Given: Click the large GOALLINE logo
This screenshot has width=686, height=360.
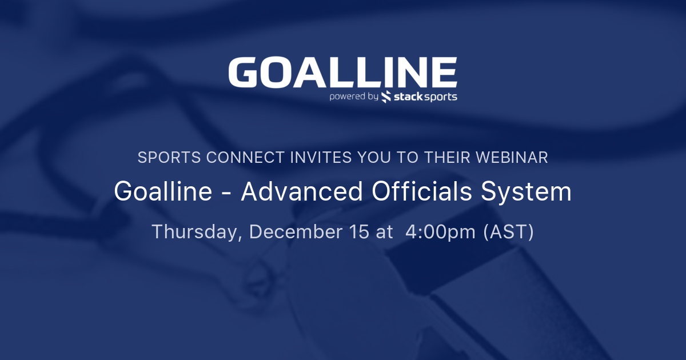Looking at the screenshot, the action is pos(342,72).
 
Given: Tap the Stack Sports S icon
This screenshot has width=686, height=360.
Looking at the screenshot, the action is pos(386,97).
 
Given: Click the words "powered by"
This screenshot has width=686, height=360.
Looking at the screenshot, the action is pos(354,97).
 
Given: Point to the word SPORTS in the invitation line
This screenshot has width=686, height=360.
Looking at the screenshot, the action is pos(169,157).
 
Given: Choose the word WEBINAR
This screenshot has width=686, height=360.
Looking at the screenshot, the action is pos(512,157).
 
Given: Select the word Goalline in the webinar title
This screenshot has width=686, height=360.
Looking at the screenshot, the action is pos(163,191).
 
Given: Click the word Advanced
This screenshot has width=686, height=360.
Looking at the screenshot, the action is pos(302,191).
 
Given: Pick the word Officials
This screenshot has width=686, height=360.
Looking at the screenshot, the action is pos(421,191).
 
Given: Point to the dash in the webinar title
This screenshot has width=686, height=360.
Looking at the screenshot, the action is pos(226,193).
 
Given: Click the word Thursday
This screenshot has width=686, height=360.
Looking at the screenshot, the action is pos(197,232).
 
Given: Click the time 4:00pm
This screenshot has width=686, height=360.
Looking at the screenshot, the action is pos(440,233).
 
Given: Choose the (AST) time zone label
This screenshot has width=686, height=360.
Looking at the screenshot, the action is pos(509,232).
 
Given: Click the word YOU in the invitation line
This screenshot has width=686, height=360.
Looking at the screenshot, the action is pos(374,157).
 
